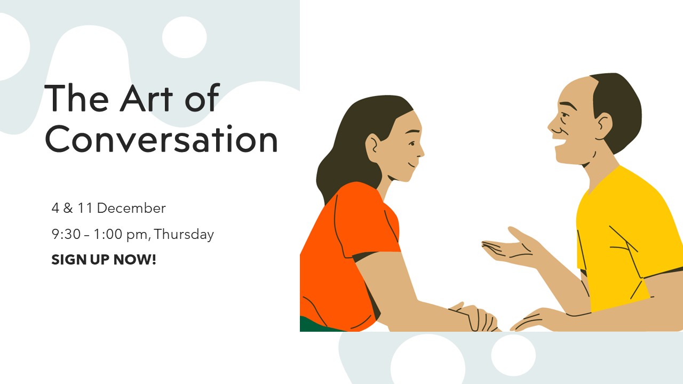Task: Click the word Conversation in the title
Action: tap(161, 139)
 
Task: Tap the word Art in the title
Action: tap(146, 98)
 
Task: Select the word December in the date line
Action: tap(131, 208)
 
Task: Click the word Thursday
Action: tap(184, 235)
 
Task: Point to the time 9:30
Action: tap(66, 234)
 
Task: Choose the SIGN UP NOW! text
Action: tap(104, 260)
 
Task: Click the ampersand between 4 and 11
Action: tap(68, 208)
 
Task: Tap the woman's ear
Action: tap(373, 148)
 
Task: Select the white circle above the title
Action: tap(185, 37)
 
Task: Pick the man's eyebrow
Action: tap(568, 105)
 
